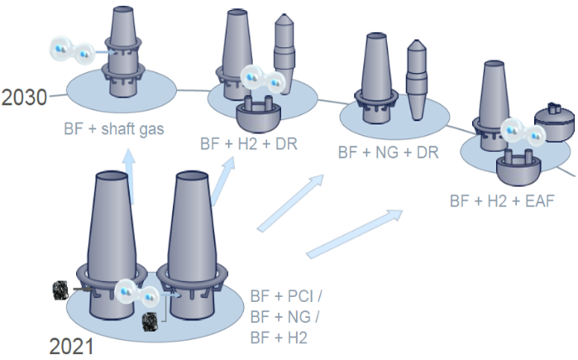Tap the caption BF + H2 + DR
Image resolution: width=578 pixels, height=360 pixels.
tap(249, 142)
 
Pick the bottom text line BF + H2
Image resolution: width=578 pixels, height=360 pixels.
tap(278, 338)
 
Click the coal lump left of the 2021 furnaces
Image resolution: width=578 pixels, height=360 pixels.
tap(60, 290)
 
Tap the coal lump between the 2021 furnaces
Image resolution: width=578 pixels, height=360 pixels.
tap(150, 320)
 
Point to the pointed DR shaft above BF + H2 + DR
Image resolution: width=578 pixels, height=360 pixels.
tap(284, 46)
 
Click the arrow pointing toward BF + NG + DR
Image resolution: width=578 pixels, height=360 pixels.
tap(289, 204)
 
